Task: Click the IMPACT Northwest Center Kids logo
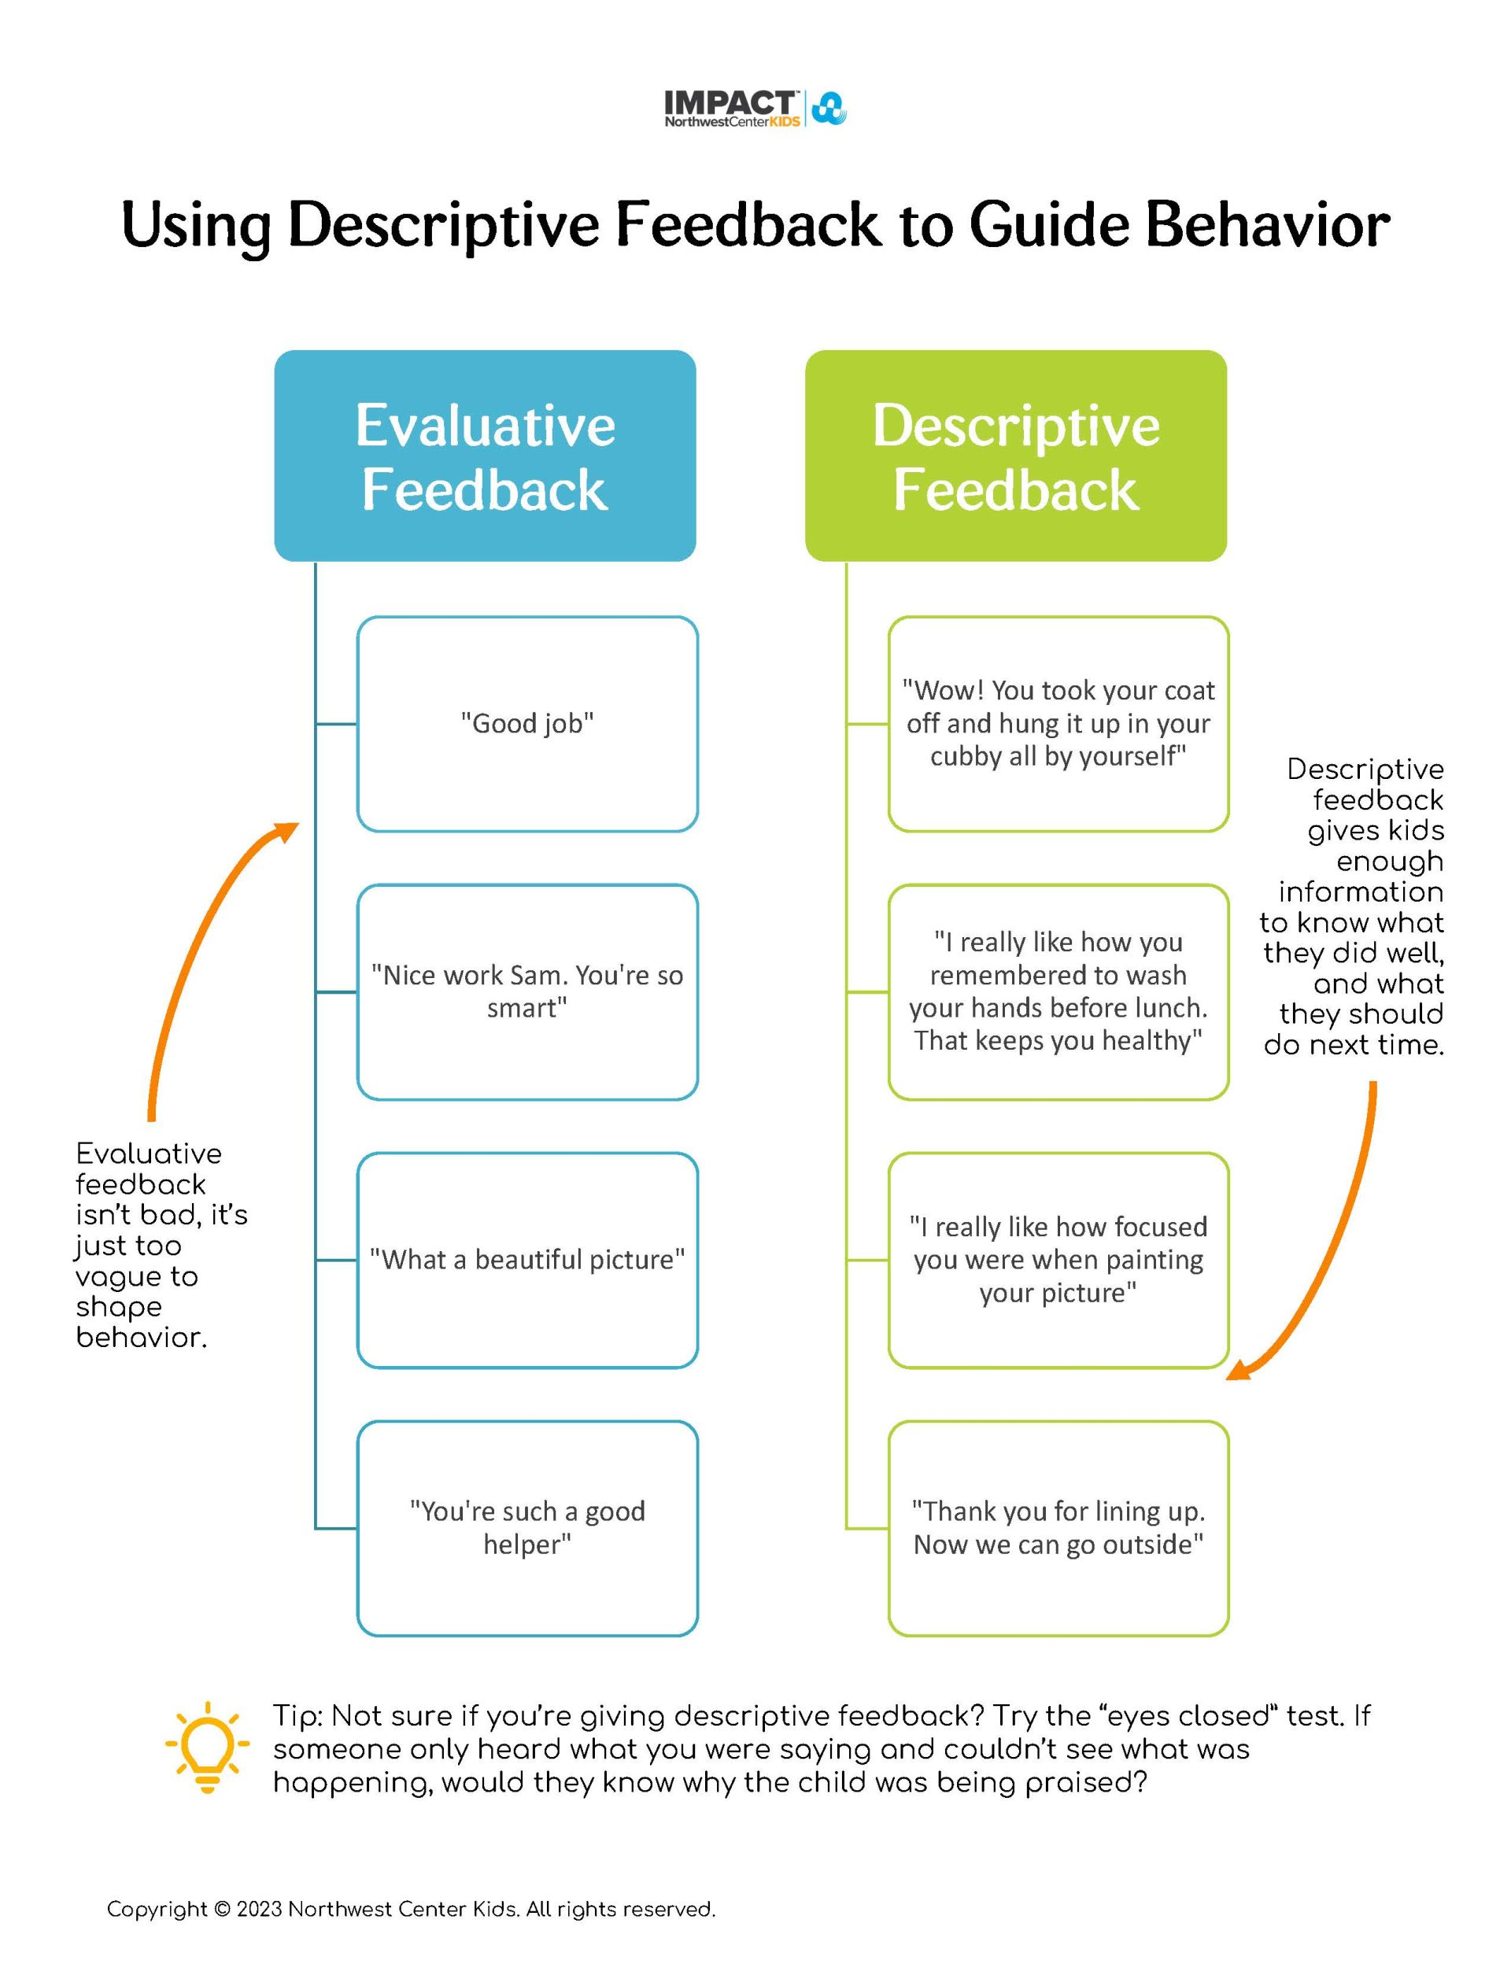pos(755,109)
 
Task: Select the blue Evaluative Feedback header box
pos(485,456)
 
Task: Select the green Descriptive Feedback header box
pos(1015,456)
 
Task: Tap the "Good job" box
pos(527,724)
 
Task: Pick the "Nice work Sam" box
pos(527,991)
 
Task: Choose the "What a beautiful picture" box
pos(527,1260)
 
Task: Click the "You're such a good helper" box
pos(527,1528)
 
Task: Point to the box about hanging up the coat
pos(1058,724)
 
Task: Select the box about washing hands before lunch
pos(1058,991)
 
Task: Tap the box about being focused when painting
pos(1058,1260)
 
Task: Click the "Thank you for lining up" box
pos(1058,1528)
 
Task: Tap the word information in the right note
pos(1360,892)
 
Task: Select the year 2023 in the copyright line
pos(259,1910)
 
